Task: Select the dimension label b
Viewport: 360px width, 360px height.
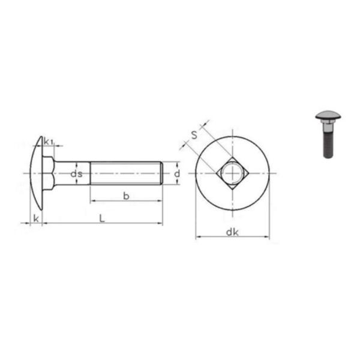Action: point(125,196)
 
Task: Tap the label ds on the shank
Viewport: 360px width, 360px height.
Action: point(76,174)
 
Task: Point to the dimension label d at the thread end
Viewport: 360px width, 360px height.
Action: point(177,173)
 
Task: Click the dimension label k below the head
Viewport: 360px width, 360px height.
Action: point(36,218)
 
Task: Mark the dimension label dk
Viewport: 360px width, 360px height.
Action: point(233,233)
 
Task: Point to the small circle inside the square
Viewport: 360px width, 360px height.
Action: point(232,173)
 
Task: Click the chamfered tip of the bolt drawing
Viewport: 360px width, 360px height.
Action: point(161,173)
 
